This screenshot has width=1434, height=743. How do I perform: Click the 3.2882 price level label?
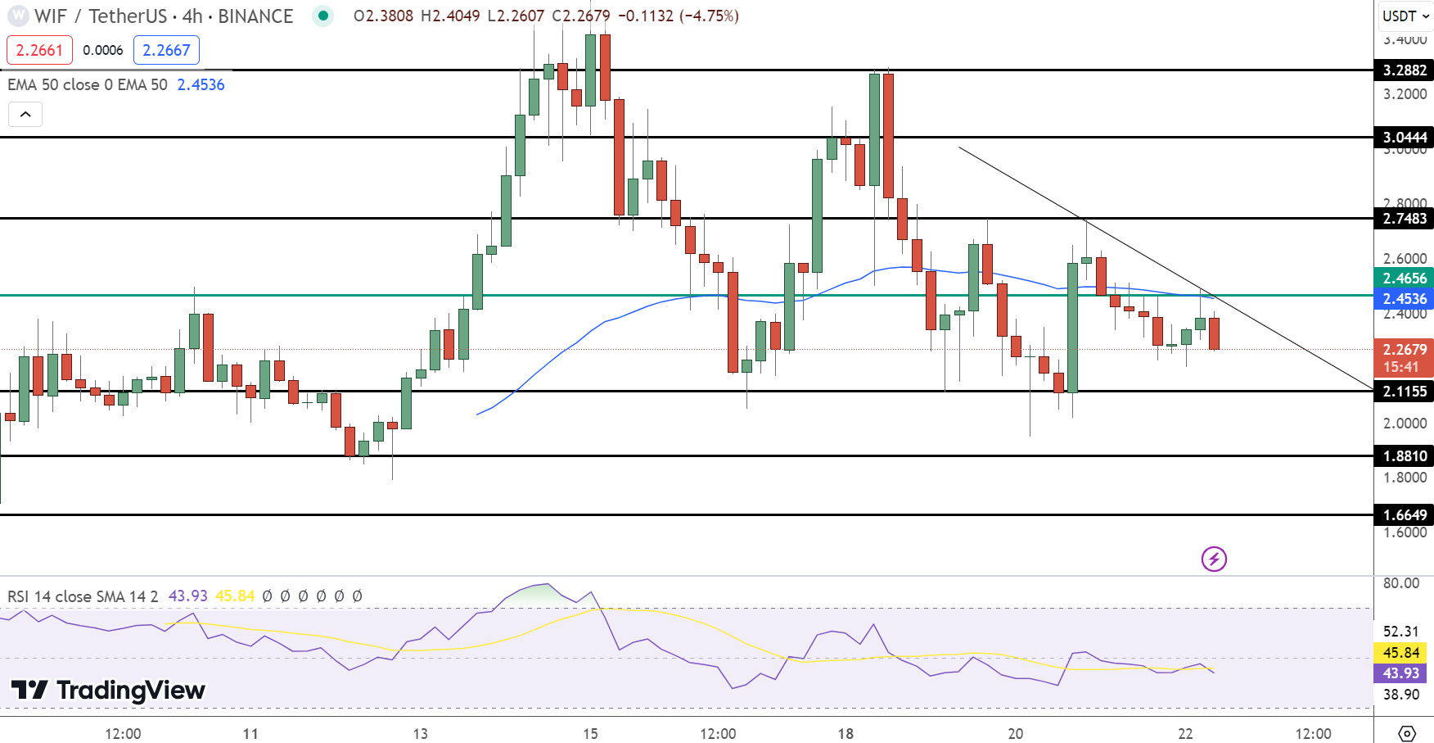1404,70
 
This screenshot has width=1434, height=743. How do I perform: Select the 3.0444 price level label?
1404,138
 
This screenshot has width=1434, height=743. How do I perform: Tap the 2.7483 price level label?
1404,219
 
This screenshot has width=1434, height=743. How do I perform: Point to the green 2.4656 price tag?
1404,279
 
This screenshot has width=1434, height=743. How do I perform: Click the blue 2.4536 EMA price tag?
1404,299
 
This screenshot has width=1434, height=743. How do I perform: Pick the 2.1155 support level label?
1404,392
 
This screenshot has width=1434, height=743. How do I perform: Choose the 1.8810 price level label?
1404,456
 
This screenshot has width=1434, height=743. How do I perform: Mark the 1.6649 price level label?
1404,515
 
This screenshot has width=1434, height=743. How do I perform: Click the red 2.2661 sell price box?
39,50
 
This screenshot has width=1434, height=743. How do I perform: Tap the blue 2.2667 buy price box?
166,50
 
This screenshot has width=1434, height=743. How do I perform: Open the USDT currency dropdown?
1405,16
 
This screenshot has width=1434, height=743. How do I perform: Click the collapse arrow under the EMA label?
25,114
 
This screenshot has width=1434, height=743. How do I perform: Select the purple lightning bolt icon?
1214,560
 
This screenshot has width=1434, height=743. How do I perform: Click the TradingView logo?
108,691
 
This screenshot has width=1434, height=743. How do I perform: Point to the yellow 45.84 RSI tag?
1400,653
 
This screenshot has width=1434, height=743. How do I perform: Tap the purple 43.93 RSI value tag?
1400,673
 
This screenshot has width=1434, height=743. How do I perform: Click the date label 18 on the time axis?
846,733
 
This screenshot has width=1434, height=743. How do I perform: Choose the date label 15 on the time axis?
590,733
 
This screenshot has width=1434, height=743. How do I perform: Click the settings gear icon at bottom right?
1407,732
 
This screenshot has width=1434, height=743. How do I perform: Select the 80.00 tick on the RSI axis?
1400,583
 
